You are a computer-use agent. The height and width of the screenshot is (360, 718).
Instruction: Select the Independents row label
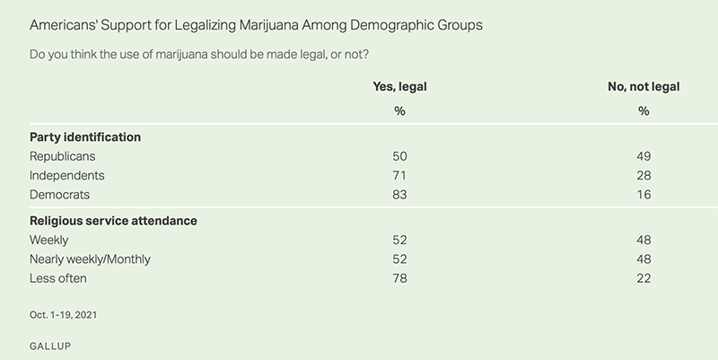pos(67,175)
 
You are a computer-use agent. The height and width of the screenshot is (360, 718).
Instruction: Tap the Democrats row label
pos(60,194)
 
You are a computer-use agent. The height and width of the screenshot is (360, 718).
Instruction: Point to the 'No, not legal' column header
pos(644,86)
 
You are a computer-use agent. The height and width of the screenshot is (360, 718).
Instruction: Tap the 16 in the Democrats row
pos(644,194)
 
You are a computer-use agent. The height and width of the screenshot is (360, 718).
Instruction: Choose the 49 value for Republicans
pos(644,156)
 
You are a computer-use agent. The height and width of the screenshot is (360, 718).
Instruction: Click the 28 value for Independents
pos(644,175)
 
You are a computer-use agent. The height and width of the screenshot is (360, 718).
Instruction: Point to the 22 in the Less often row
pos(644,278)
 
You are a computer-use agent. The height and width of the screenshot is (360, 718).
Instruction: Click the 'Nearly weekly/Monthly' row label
pos(91,259)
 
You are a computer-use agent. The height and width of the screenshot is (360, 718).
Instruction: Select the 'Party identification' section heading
pos(86,137)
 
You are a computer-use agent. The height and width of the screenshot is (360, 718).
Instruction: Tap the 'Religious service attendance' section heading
pos(114,221)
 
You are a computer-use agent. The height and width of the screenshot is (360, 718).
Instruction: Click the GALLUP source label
pos(50,344)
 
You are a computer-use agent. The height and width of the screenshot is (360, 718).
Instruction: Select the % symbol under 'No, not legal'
pos(644,111)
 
